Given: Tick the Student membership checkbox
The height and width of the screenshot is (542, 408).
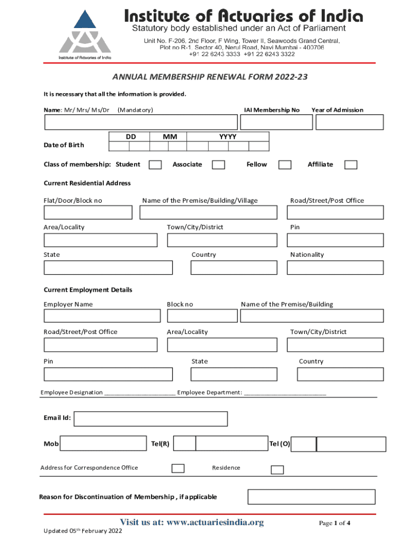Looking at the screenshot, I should [155, 165].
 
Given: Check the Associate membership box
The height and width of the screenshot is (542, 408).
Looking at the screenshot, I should [218, 165].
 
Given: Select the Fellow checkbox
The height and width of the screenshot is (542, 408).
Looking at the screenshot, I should [285, 165].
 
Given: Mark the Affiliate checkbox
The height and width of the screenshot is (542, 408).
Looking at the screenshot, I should [351, 165].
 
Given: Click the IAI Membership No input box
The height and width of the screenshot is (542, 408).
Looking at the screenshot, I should [276, 122].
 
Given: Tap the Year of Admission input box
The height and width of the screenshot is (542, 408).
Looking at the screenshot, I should [349, 122].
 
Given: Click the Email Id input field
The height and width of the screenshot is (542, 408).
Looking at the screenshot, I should [150, 419].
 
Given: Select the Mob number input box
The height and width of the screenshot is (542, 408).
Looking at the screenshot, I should [103, 444].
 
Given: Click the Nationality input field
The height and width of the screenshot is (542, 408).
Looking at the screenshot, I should [335, 268].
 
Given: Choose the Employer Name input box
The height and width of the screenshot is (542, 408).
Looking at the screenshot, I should [102, 316].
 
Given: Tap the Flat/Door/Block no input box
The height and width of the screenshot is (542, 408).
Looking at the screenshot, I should [88, 212].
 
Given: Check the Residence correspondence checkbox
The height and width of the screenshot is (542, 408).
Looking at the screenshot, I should [277, 469].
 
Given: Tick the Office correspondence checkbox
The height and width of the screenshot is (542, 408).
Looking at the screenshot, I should [178, 468].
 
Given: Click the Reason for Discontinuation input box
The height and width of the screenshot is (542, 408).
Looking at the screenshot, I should [312, 497].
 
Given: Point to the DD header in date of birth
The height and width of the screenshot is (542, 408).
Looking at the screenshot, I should [131, 137].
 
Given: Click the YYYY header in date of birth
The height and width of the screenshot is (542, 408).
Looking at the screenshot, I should [228, 137].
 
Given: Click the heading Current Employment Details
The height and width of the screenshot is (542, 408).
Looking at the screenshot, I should [88, 290].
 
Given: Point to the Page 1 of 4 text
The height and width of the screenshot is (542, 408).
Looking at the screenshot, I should [334, 523].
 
